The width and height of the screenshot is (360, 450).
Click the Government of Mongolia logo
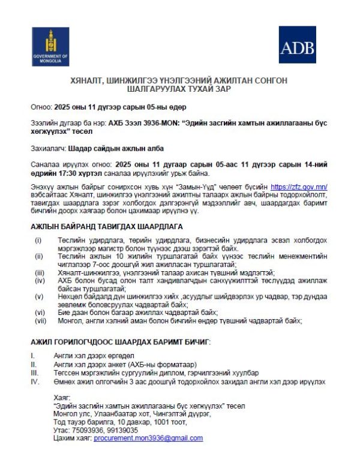click(50, 46)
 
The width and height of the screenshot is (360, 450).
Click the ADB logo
click(297, 44)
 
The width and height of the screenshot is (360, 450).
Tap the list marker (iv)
click(38, 280)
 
